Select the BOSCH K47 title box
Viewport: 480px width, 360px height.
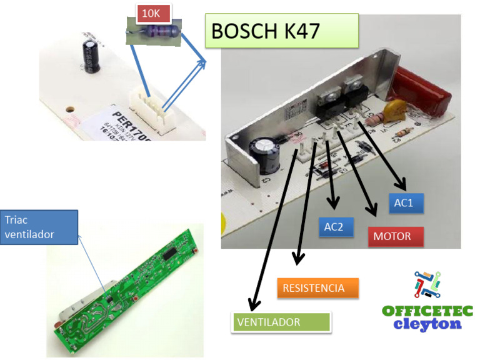click(282, 31)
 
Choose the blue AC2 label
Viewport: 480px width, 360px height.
click(338, 227)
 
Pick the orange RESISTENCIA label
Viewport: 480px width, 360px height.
click(317, 288)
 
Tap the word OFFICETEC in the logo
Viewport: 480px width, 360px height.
click(427, 311)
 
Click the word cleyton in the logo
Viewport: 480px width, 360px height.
click(427, 324)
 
